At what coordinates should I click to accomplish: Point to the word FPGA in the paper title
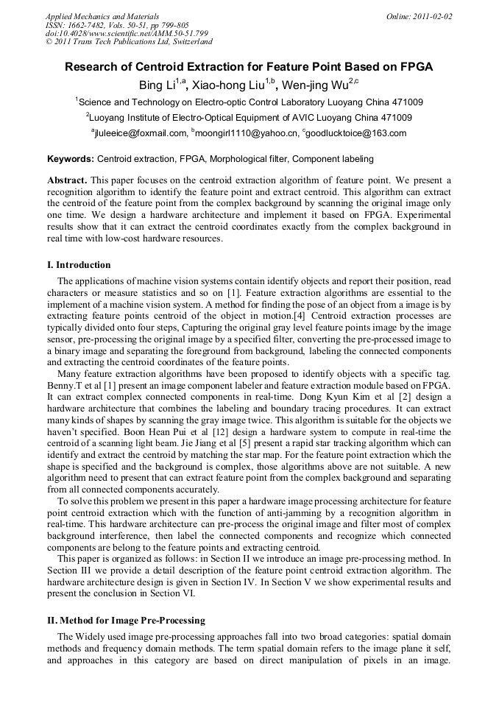(x=413, y=67)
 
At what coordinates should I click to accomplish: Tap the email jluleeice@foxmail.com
(x=141, y=133)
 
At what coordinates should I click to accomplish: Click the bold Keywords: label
(x=71, y=158)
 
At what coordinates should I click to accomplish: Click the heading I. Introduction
(x=79, y=265)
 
